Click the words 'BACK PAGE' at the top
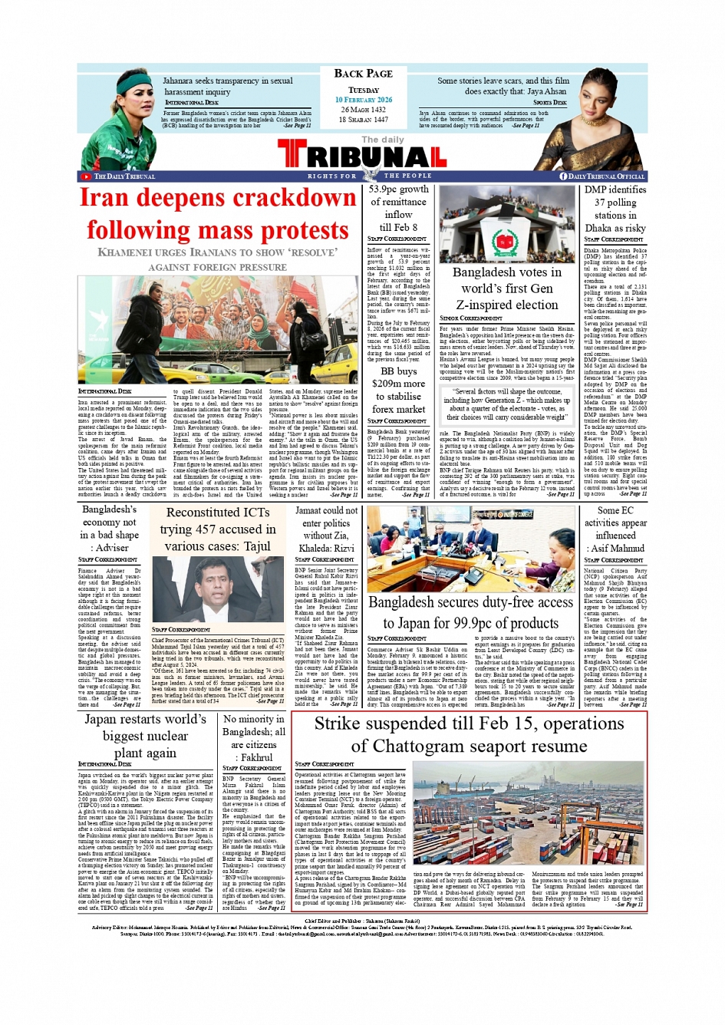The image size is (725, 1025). (363, 74)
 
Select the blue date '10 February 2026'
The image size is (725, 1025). (363, 100)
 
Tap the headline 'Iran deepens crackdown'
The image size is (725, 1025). (218, 198)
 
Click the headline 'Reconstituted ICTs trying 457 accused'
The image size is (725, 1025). (218, 529)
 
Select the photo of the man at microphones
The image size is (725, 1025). (218, 589)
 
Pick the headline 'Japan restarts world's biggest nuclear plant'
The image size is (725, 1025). (145, 736)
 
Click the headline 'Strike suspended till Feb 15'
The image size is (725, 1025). (469, 734)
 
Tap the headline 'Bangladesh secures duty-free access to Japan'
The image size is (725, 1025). (470, 612)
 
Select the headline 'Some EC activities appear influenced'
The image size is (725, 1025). (615, 529)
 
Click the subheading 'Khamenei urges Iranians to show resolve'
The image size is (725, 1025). (217, 259)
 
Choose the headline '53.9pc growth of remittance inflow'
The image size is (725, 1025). (398, 208)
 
